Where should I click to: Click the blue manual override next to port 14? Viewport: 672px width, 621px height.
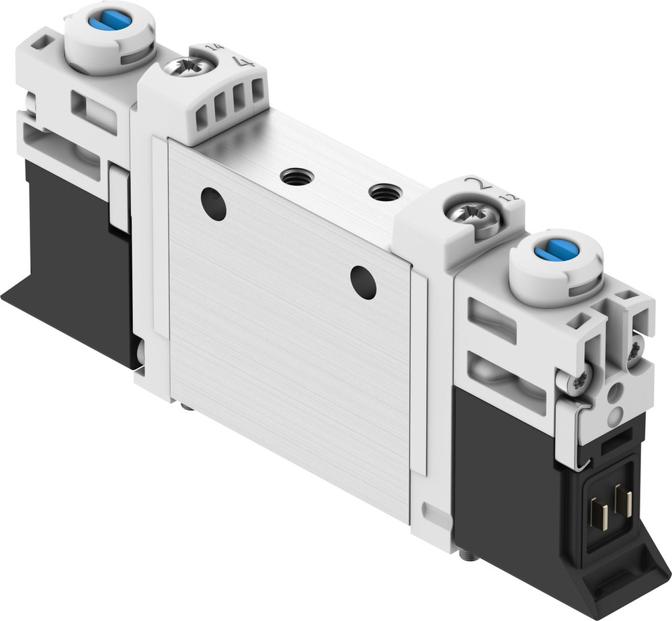pyautogui.click(x=110, y=21)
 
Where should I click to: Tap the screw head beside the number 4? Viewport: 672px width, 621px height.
pyautogui.click(x=196, y=67)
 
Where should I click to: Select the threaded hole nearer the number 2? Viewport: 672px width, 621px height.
pyautogui.click(x=385, y=193)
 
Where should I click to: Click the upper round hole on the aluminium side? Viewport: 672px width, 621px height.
pyautogui.click(x=214, y=204)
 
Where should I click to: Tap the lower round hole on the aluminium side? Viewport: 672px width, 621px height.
pyautogui.click(x=364, y=282)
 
